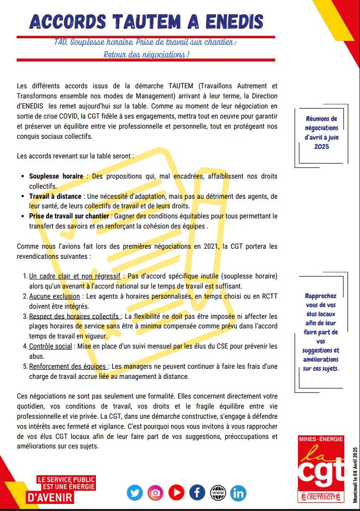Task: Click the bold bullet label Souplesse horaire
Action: [56, 177]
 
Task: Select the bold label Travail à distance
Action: [55, 196]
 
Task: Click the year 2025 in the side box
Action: [321, 146]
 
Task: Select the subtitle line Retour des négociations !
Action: [146, 54]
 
